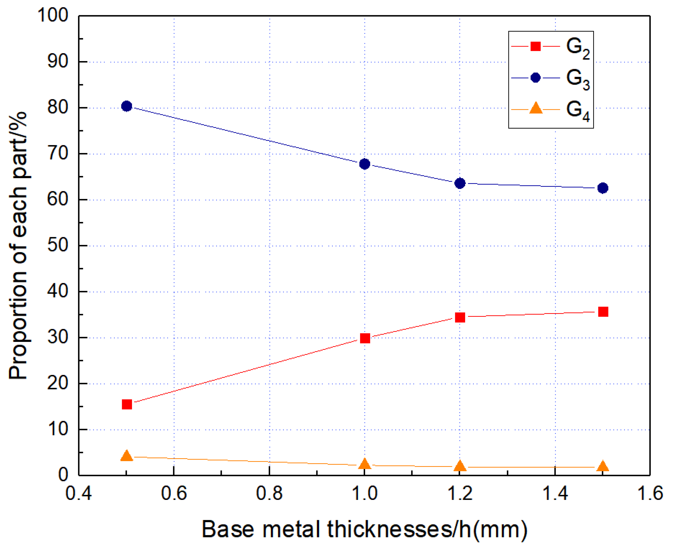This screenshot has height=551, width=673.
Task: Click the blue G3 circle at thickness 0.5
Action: pos(127,106)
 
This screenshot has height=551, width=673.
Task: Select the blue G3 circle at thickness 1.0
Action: pos(364,164)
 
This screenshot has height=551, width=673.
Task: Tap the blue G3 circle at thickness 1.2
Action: pos(460,183)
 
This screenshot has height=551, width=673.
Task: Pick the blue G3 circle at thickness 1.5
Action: pos(602,188)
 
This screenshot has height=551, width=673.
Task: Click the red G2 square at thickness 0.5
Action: pos(127,404)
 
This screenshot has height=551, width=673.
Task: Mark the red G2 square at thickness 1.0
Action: pos(365,338)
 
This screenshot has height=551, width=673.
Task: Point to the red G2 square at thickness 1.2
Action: pos(460,317)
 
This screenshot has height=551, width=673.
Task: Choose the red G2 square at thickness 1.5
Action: pos(603,312)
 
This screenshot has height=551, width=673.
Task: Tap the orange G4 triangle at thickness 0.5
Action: pos(127,456)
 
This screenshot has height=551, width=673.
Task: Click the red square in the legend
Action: pos(535,46)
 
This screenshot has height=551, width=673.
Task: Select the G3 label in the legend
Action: pos(577,79)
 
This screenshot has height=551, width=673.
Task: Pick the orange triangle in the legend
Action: pos(535,108)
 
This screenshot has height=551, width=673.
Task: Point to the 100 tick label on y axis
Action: pos(53,15)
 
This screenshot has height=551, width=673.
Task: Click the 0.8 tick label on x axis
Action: pos(269,494)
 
